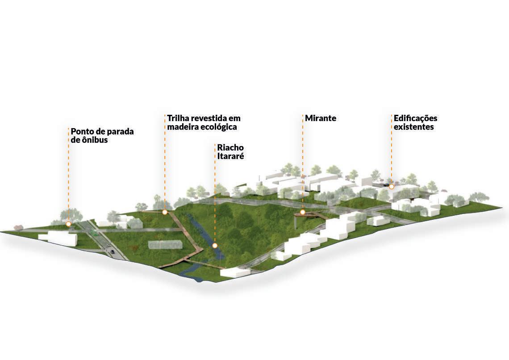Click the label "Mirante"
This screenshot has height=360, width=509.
321,118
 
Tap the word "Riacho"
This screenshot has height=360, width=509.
231,147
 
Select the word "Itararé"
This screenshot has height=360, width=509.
230,156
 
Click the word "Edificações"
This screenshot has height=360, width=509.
415,118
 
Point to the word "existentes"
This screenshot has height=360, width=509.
413,127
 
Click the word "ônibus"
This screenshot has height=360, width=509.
95,140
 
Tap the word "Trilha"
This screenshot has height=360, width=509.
178,118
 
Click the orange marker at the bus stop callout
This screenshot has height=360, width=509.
68,224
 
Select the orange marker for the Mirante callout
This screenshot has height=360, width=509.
303,212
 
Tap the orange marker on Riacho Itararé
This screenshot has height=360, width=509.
215,246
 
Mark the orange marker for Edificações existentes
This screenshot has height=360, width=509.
392,186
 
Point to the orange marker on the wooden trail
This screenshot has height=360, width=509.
165,213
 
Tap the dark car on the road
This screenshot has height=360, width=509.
112,251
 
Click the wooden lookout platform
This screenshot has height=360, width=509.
310,215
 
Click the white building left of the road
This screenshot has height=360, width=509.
62,238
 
